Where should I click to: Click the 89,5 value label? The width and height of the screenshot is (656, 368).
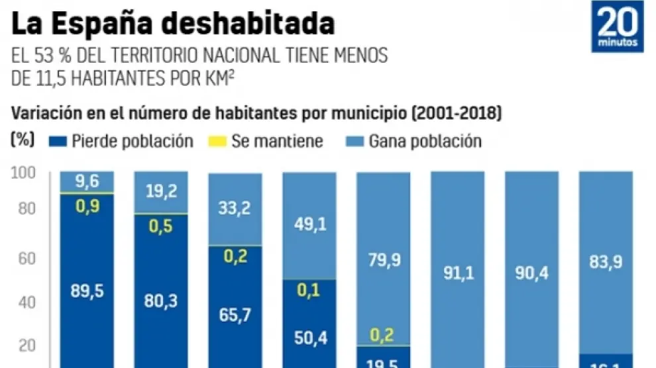click(x=87, y=291)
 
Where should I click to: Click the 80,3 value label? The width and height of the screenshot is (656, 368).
click(x=161, y=301)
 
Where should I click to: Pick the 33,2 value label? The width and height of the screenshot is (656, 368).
click(x=235, y=210)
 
